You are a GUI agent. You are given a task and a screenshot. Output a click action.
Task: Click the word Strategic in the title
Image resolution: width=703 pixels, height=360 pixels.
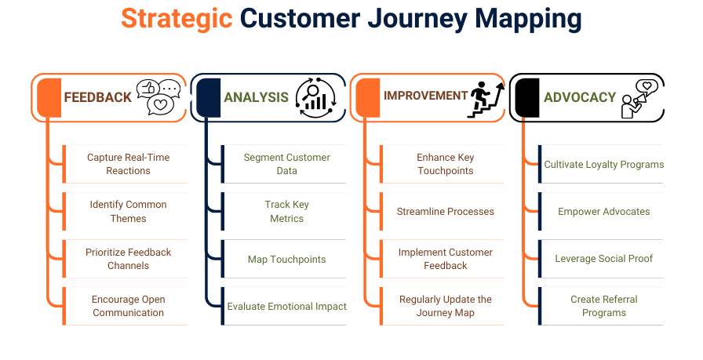tap(177, 19)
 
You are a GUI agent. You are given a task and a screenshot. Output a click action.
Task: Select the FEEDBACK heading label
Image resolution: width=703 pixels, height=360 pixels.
tap(97, 97)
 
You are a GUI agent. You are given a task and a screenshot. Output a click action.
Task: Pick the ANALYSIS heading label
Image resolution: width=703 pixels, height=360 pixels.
tap(256, 97)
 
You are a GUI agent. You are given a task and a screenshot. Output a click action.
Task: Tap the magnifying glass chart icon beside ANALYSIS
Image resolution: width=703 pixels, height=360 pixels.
tap(315, 98)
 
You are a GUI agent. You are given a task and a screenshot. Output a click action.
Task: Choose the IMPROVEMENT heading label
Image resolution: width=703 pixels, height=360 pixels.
tap(425, 96)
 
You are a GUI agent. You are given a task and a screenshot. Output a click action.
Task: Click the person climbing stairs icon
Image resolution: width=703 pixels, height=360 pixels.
tap(484, 98)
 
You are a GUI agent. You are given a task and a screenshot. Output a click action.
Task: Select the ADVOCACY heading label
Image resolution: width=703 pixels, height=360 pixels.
tap(579, 97)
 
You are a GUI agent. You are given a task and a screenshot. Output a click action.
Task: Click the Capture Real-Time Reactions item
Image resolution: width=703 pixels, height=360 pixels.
tap(128, 164)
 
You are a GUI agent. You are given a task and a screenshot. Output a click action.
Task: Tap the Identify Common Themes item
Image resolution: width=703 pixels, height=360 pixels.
tap(128, 211)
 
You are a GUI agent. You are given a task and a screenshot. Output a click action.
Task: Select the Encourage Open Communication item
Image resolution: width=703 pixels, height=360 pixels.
tap(128, 306)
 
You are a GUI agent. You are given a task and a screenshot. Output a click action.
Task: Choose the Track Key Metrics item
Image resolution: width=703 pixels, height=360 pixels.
tap(286, 211)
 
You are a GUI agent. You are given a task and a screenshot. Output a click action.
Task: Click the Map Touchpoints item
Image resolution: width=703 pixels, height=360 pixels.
tap(286, 259)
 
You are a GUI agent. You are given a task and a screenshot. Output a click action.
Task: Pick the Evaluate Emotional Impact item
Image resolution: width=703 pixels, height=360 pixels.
tap(286, 306)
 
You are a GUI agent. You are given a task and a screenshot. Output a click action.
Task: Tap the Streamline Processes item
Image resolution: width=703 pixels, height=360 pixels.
tap(445, 211)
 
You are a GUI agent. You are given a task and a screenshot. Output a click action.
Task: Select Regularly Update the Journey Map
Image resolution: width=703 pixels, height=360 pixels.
tap(445, 306)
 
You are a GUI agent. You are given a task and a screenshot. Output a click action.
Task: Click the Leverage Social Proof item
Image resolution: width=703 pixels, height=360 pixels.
tap(603, 259)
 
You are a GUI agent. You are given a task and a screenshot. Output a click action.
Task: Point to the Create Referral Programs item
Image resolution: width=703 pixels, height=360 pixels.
tap(603, 306)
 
